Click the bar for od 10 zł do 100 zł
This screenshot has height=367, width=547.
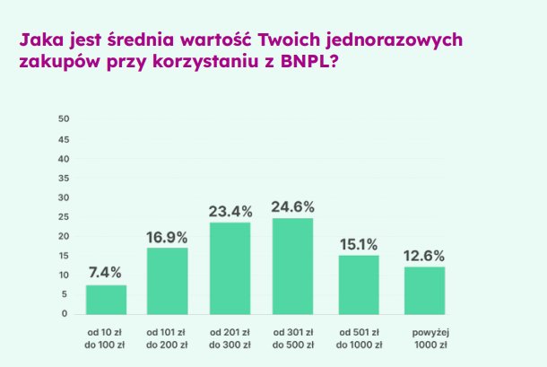click(x=106, y=300)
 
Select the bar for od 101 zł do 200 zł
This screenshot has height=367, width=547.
click(x=167, y=281)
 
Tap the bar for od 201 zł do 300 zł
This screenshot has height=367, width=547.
click(x=230, y=268)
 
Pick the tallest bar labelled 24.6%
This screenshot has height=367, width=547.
click(x=293, y=266)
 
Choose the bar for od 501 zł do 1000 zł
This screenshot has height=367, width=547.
click(x=359, y=284)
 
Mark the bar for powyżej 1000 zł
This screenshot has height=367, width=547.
click(x=424, y=290)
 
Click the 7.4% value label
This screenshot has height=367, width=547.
click(x=106, y=272)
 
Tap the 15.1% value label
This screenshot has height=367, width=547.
click(x=359, y=242)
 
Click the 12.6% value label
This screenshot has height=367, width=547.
click(x=424, y=254)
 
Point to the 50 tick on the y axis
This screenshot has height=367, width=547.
click(x=63, y=119)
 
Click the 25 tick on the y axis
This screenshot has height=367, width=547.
click(x=63, y=216)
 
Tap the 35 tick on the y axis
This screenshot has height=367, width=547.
click(x=63, y=178)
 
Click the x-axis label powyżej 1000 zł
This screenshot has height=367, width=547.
click(x=424, y=338)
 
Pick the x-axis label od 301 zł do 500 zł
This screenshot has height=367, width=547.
click(x=293, y=338)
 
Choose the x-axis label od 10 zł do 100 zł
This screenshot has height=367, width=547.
click(x=106, y=338)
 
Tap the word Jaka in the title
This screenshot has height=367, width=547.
click(x=38, y=41)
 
